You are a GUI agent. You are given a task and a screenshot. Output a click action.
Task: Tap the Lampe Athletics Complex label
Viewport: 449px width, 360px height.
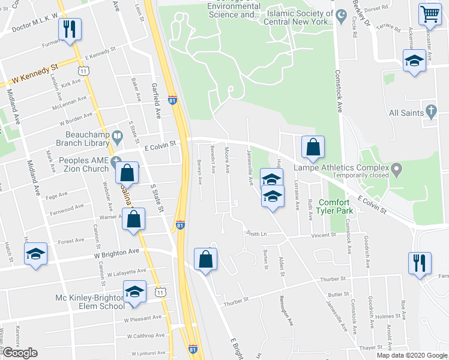point(339,168)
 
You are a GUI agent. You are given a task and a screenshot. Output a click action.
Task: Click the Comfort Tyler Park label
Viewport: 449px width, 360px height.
point(334,206)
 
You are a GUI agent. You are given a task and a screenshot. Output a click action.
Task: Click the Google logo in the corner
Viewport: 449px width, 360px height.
point(20,353)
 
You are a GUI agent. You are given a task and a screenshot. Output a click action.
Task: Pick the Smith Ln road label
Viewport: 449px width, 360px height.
point(255,233)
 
